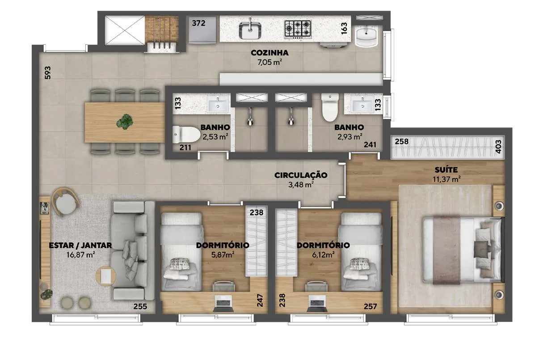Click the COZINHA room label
click(269, 53)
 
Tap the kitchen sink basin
click(250, 30)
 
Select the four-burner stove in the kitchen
click(298, 29)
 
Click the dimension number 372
click(198, 23)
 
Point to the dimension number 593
click(48, 73)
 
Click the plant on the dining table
click(125, 122)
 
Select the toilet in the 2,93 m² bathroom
click(330, 107)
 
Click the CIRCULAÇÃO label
click(301, 175)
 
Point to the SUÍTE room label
click(446, 170)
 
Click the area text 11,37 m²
click(446, 179)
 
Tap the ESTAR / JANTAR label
click(80, 246)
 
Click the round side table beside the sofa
click(106, 276)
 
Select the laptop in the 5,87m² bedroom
click(223, 303)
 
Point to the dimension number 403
click(498, 147)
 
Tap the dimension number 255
click(140, 306)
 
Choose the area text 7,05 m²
click(270, 62)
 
